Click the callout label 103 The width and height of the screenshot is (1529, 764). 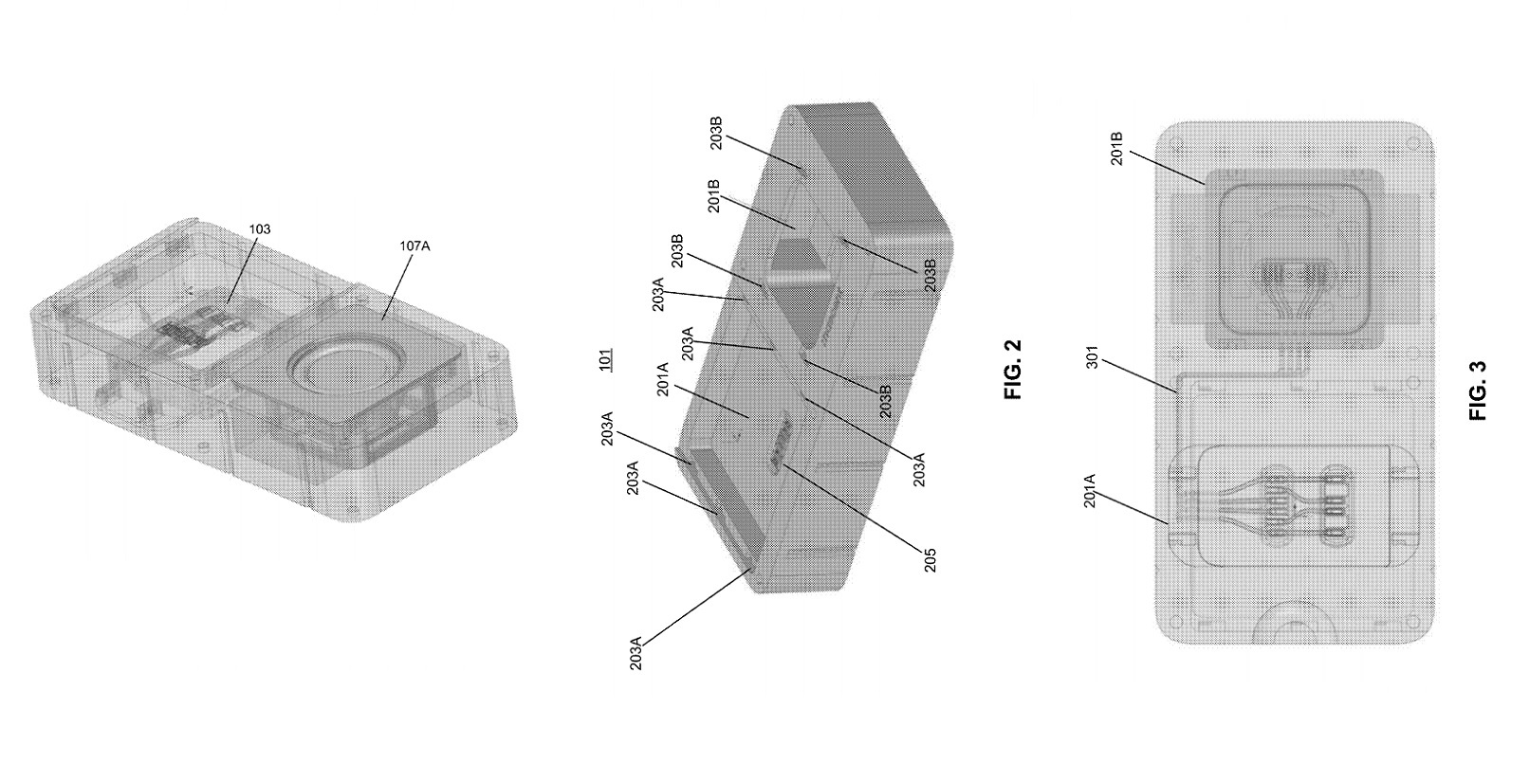259,229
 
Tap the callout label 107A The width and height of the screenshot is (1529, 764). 414,246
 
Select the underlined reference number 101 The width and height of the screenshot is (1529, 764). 605,360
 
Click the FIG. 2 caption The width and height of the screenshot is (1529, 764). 1014,369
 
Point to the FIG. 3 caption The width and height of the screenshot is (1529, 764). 1478,391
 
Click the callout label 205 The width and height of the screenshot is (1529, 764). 929,560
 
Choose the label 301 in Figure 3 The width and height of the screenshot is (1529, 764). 1092,357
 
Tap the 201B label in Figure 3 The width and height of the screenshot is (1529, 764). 1116,149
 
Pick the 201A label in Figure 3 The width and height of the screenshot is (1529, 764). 1090,490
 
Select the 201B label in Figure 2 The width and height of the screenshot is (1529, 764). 714,196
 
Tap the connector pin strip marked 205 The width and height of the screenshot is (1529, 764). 780,443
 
